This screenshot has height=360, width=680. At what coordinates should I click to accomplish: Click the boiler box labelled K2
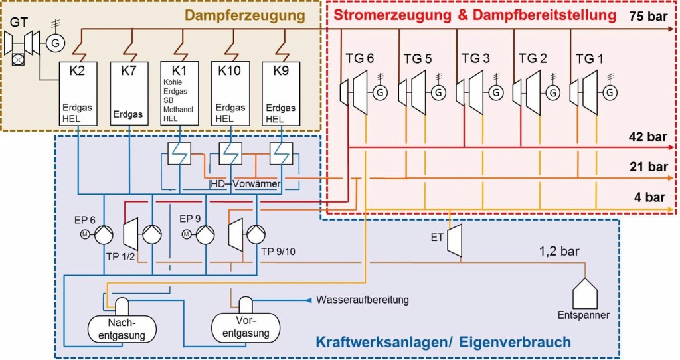pyautogui.click(x=78, y=94)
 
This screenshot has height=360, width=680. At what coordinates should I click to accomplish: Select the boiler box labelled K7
pyautogui.click(x=129, y=94)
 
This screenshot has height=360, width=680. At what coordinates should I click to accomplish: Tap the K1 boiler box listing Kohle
pyautogui.click(x=180, y=94)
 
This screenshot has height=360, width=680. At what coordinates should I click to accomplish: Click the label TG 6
pyautogui.click(x=360, y=58)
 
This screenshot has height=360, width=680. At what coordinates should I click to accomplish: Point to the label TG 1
pyautogui.click(x=590, y=58)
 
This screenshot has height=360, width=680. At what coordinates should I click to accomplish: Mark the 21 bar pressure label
pyautogui.click(x=647, y=167)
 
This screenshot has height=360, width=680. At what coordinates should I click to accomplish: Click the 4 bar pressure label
pyautogui.click(x=651, y=197)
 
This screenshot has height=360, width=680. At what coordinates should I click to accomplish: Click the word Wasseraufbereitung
pyautogui.click(x=363, y=300)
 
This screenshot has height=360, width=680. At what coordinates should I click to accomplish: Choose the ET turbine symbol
pyautogui.click(x=454, y=240)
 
